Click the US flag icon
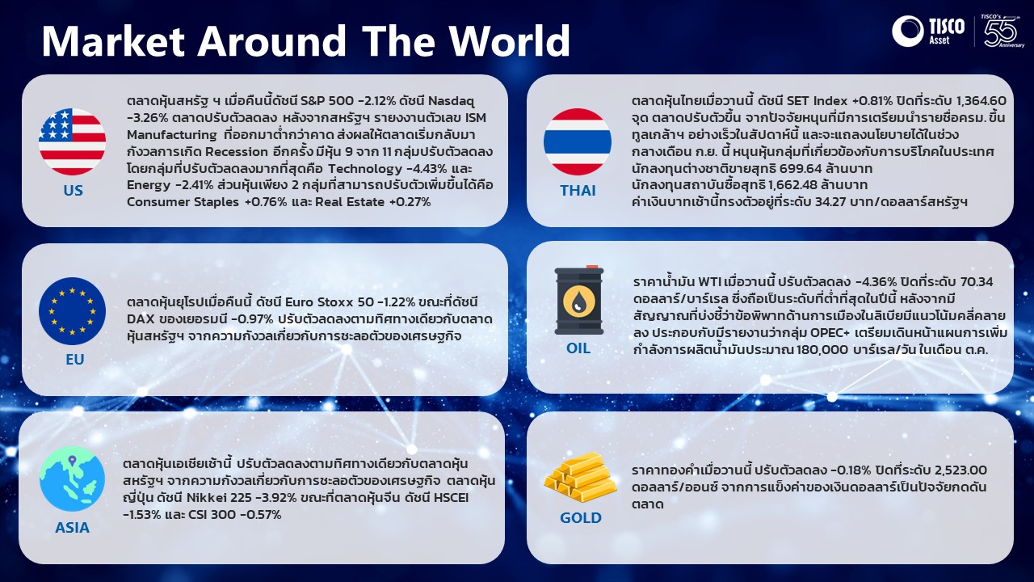pyautogui.click(x=72, y=141)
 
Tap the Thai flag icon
pyautogui.click(x=578, y=141)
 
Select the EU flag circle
pyautogui.click(x=72, y=311)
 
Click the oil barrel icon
pyautogui.click(x=579, y=300)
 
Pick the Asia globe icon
pyautogui.click(x=72, y=479)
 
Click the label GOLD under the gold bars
pyautogui.click(x=581, y=518)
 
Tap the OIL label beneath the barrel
pyautogui.click(x=578, y=348)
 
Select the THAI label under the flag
pyautogui.click(x=578, y=190)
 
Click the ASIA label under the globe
pyautogui.click(x=72, y=528)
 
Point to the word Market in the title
pyautogui.click(x=114, y=41)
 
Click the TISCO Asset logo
pyautogui.click(x=928, y=31)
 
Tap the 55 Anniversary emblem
pyautogui.click(x=1002, y=31)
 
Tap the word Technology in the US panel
pyautogui.click(x=365, y=169)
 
